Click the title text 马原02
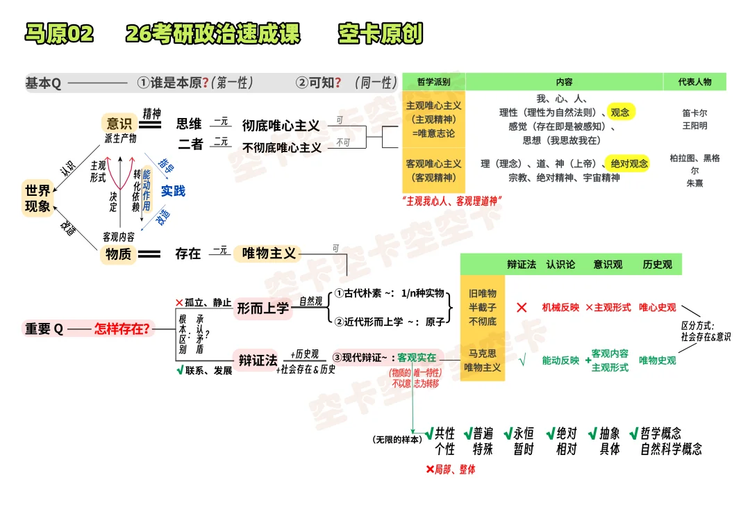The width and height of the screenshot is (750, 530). (58, 33)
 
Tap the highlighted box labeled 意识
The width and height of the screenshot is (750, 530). (118, 124)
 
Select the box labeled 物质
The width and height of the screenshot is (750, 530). (118, 254)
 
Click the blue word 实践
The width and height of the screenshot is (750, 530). (173, 190)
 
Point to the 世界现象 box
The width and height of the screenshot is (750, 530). (37, 198)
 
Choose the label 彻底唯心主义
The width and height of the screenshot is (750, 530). (281, 126)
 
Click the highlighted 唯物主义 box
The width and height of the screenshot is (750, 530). (268, 254)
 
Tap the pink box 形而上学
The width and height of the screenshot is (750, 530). (262, 308)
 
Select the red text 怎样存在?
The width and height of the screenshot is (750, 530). (122, 329)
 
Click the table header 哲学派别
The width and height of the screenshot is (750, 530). (434, 82)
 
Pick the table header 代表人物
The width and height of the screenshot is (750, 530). (694, 82)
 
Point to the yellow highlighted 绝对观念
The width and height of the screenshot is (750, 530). (628, 163)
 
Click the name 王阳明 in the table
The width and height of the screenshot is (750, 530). (694, 126)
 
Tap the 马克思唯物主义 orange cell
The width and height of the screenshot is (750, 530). (482, 361)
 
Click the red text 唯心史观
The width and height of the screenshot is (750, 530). (657, 307)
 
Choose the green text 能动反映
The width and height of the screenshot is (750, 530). (560, 361)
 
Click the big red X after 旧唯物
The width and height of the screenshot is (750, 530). (522, 307)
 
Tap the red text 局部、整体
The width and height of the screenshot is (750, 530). (451, 470)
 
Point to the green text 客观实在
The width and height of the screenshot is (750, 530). (417, 357)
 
